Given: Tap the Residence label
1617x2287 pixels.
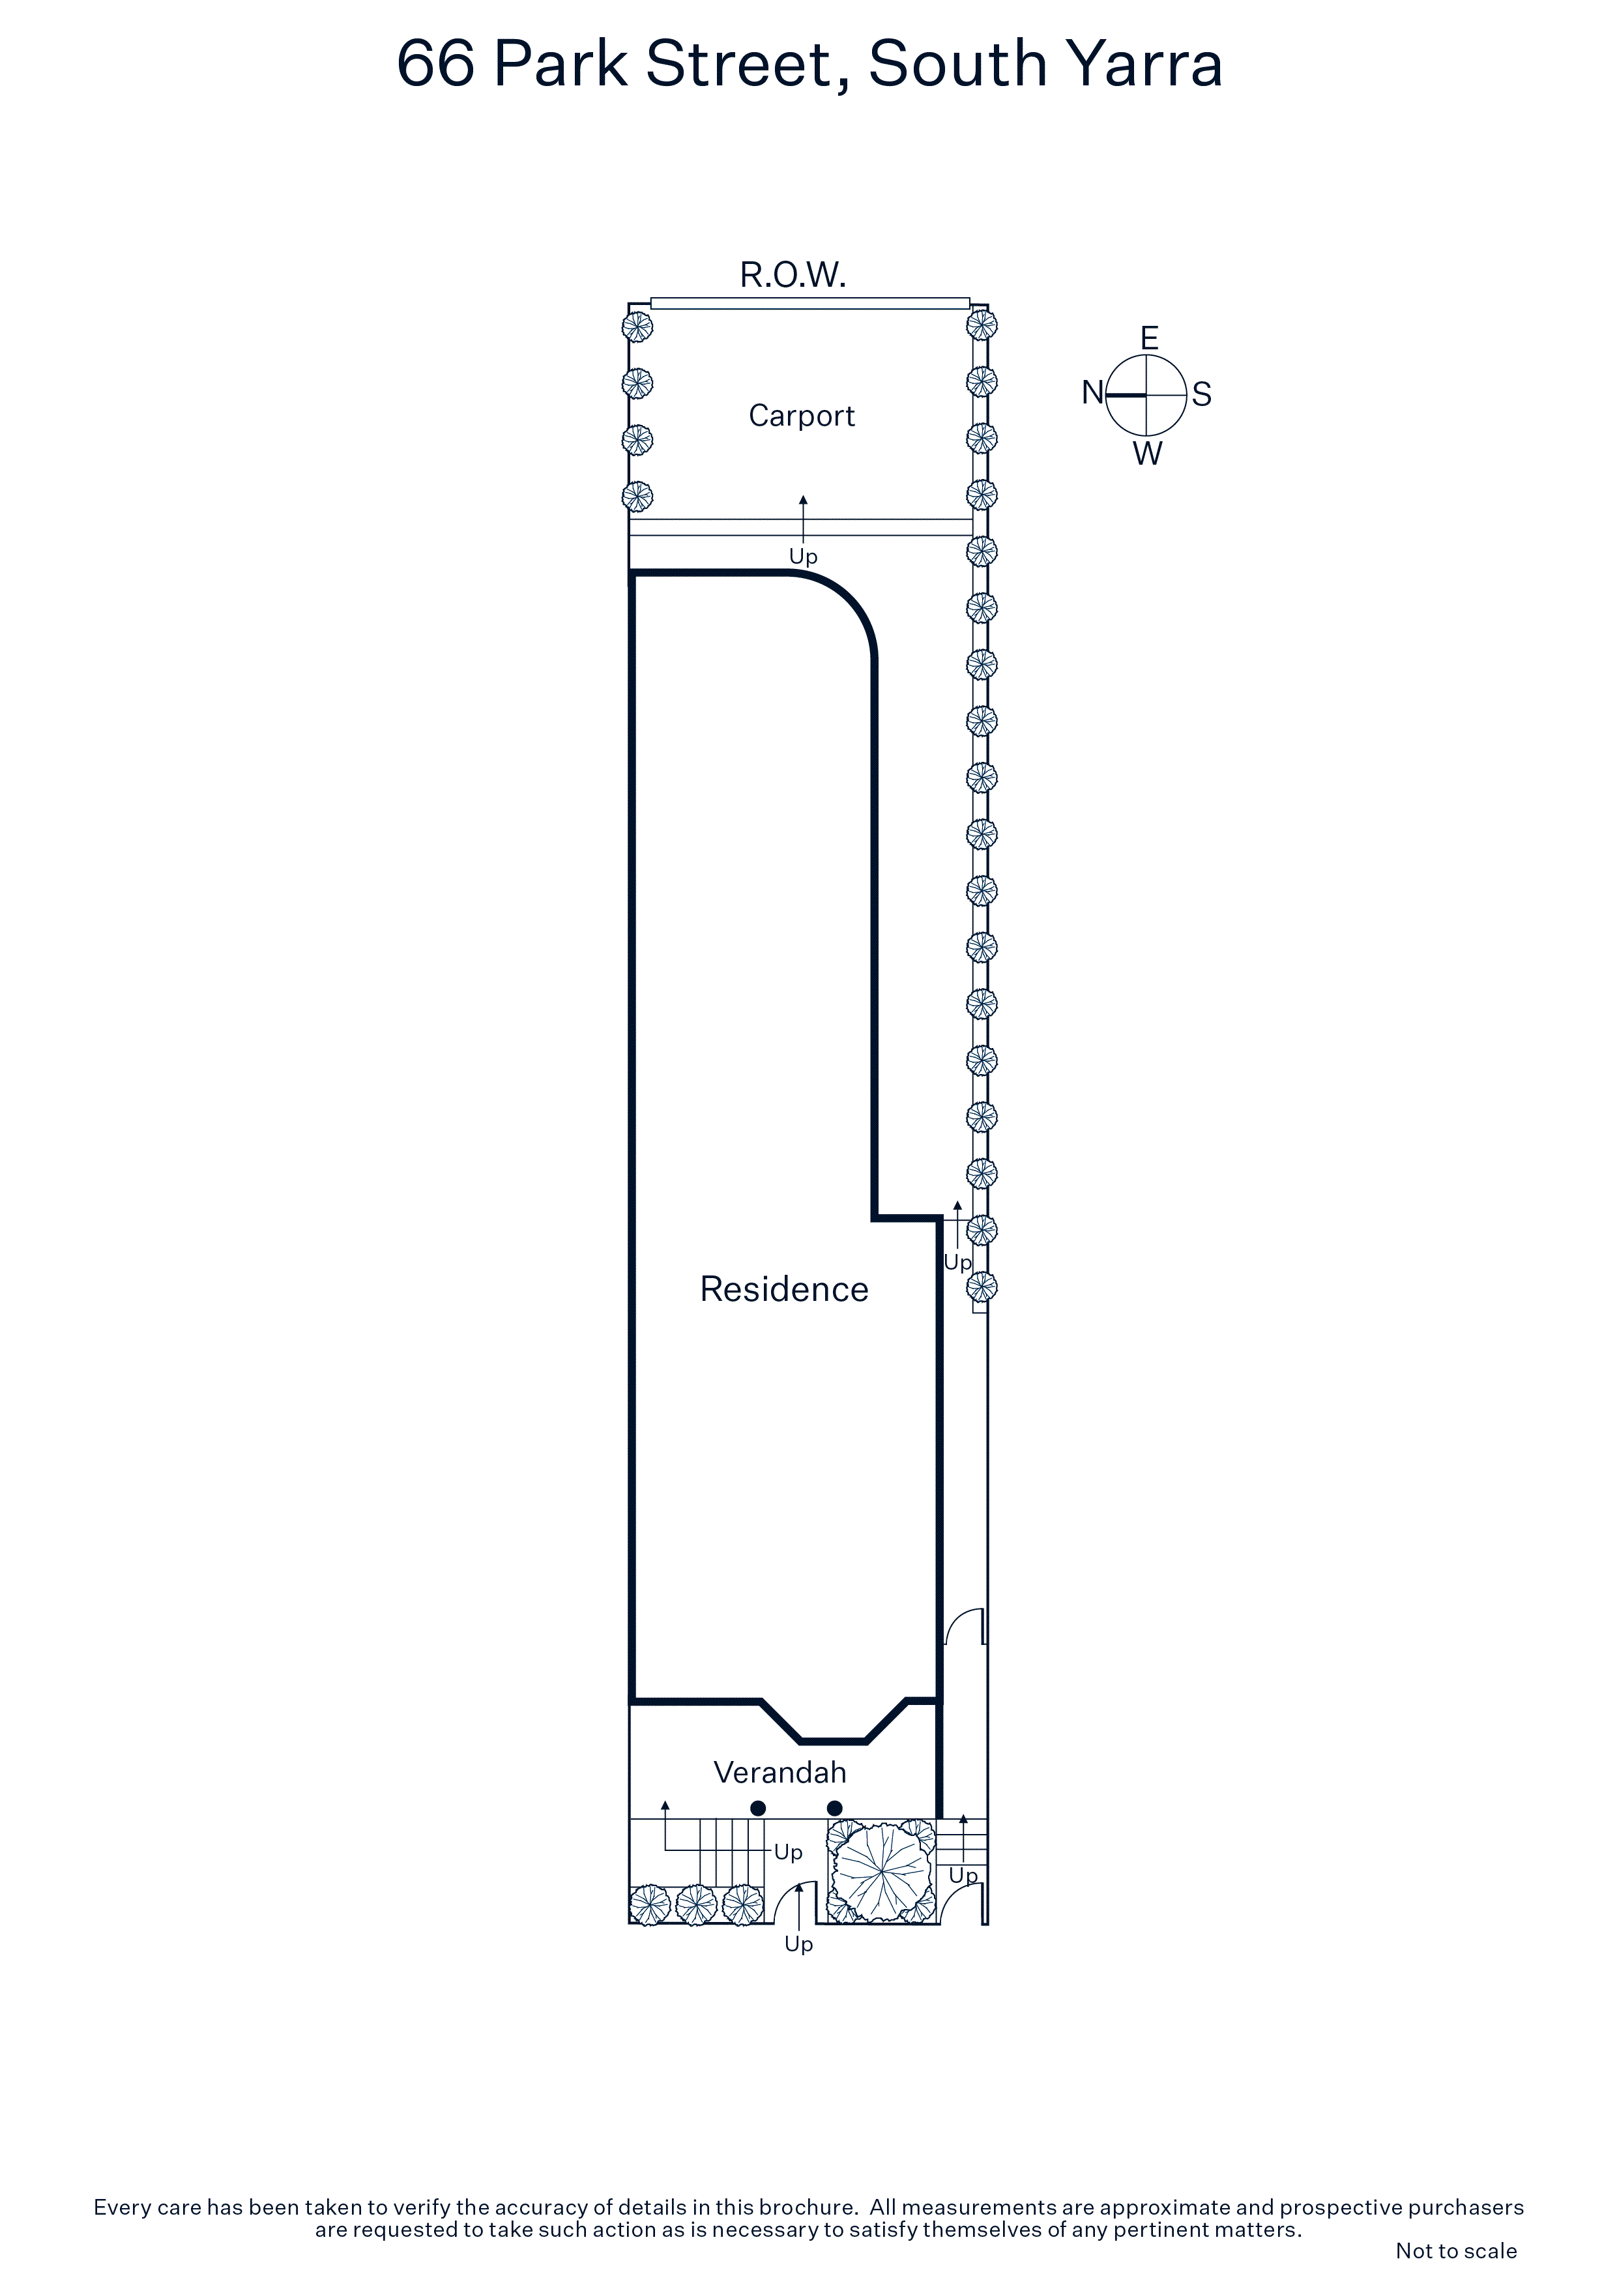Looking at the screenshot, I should pyautogui.click(x=783, y=1289).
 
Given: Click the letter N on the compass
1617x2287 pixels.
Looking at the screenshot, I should pyautogui.click(x=1092, y=394).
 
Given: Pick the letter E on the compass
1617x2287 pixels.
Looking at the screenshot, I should pyautogui.click(x=1149, y=339).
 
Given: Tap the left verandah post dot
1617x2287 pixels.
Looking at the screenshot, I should pyautogui.click(x=757, y=1808).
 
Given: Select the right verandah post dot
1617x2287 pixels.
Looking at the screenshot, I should pyautogui.click(x=835, y=1808).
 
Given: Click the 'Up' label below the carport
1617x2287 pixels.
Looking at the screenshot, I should pyautogui.click(x=802, y=557).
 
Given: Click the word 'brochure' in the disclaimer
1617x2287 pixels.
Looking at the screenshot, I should pyautogui.click(x=806, y=2207).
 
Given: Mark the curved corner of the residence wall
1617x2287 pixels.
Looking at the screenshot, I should pyautogui.click(x=847, y=605).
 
